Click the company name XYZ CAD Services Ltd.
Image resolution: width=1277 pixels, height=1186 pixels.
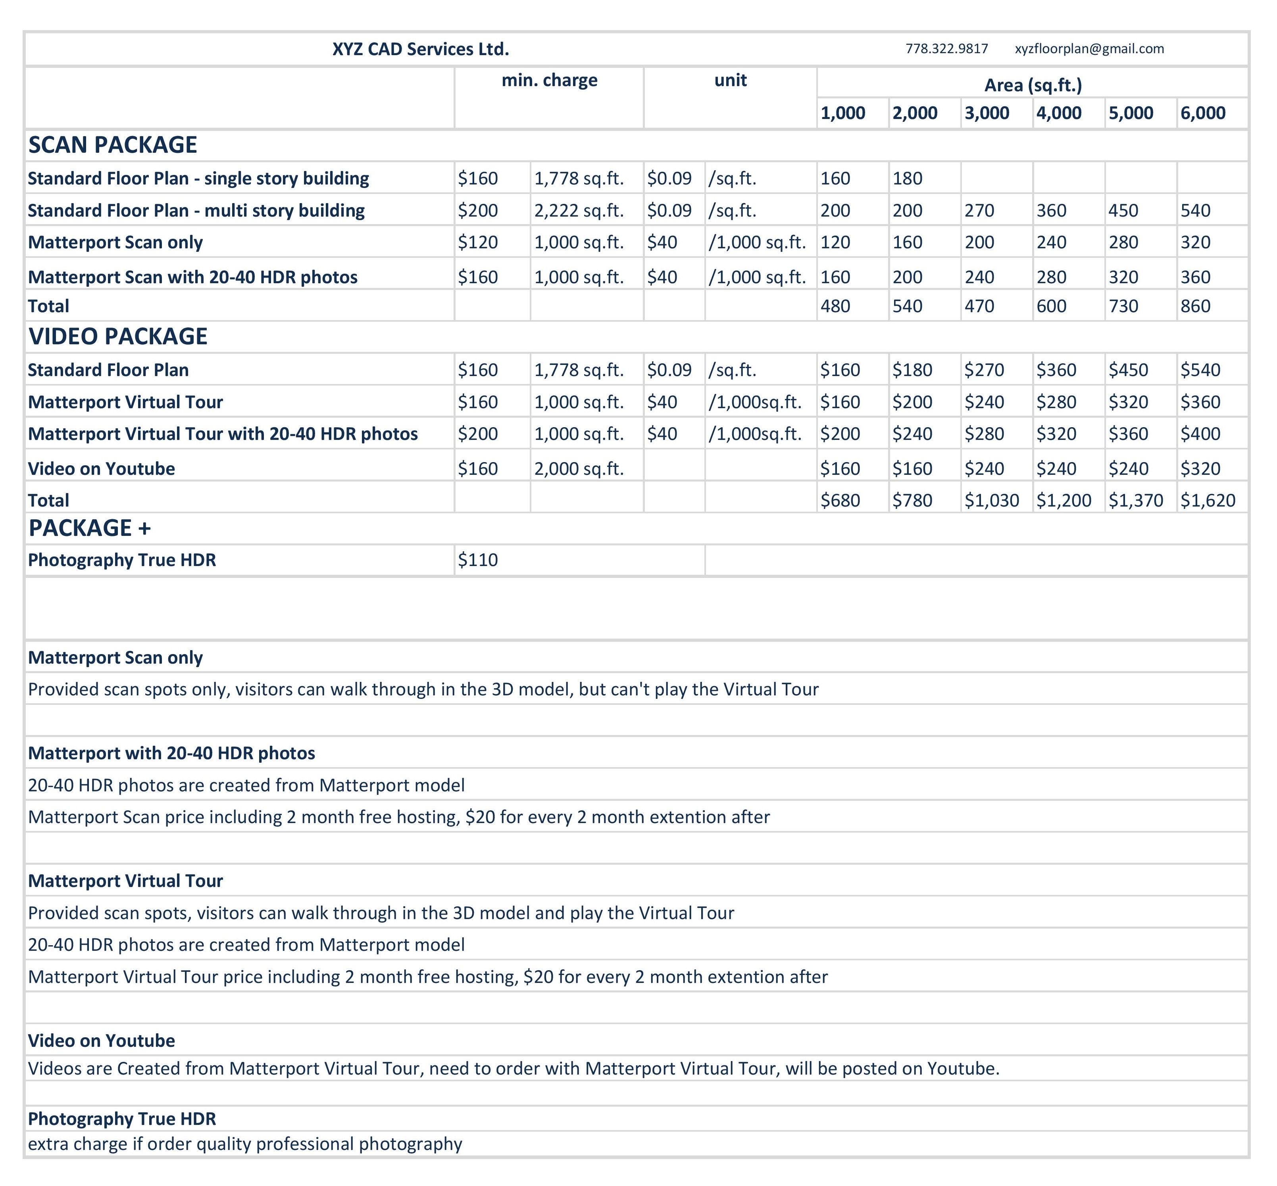[x=421, y=49]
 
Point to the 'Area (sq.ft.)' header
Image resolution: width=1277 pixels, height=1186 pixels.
[x=1033, y=85]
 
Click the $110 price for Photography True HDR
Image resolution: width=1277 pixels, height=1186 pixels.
[x=478, y=560]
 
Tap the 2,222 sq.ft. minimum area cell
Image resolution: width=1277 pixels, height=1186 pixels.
[x=579, y=211]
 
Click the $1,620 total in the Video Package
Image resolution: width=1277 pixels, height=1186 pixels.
[x=1207, y=501]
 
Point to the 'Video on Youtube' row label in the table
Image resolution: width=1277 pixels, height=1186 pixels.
[x=102, y=468]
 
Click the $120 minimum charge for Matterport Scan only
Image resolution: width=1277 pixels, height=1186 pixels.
[x=478, y=243]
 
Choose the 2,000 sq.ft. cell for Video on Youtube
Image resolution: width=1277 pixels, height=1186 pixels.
[x=579, y=468]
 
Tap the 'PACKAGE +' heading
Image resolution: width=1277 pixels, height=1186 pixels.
[x=90, y=528]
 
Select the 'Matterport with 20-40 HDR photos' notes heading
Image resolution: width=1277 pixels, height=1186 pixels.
[x=171, y=753]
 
